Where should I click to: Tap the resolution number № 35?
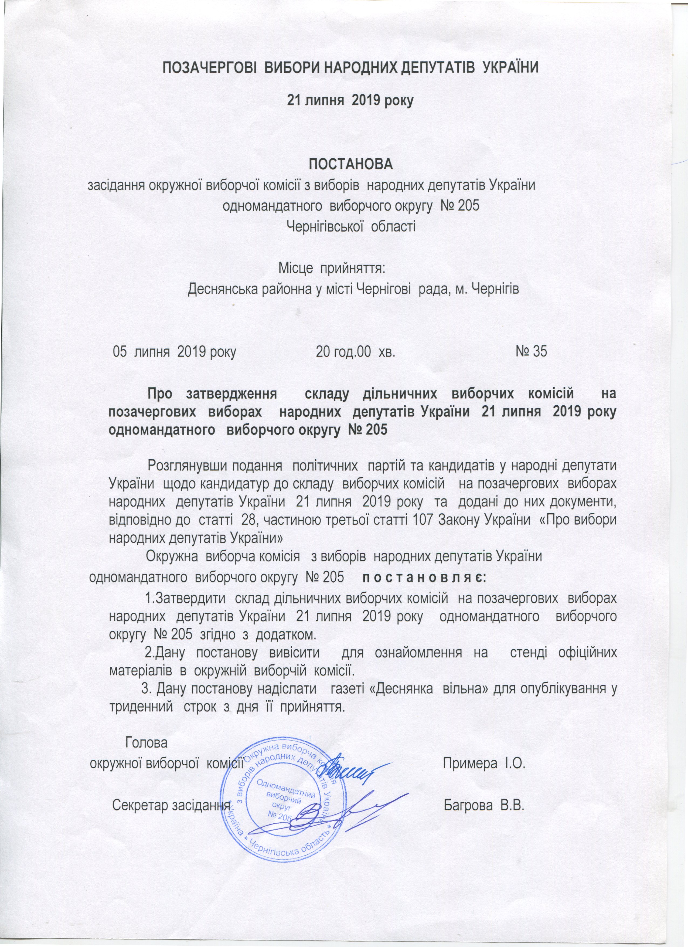click(531, 352)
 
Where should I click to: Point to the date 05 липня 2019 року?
click(175, 352)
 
